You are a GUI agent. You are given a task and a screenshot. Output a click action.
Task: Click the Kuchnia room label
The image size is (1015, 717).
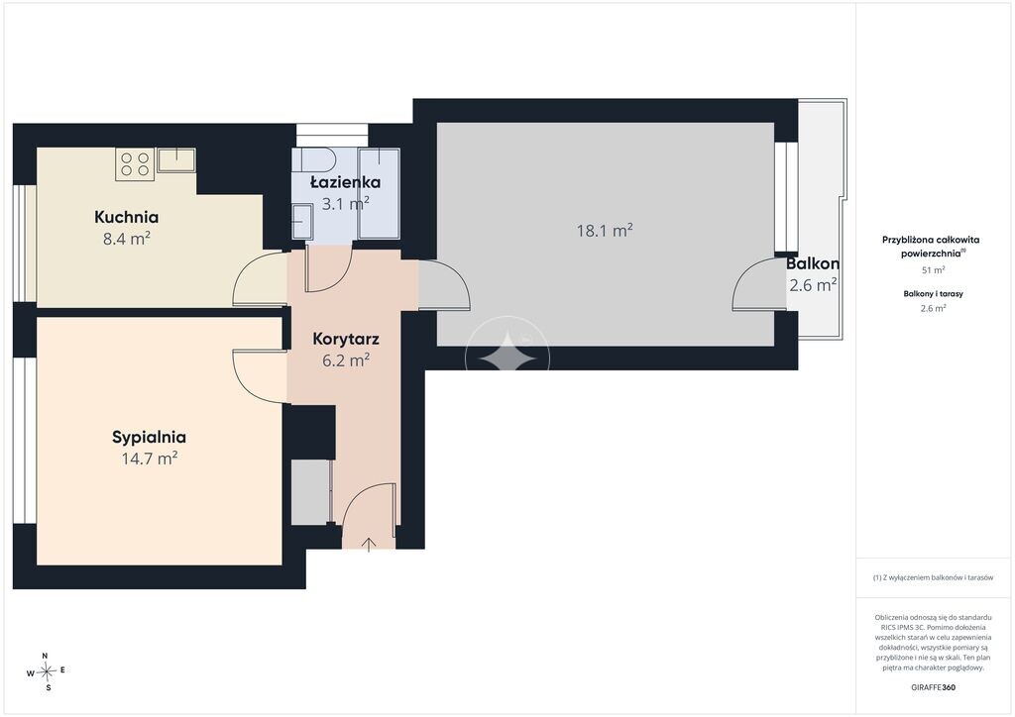[x=126, y=217]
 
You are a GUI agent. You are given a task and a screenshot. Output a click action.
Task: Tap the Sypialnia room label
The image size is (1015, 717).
[x=149, y=438]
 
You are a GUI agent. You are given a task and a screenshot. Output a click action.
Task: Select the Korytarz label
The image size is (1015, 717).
[x=346, y=339]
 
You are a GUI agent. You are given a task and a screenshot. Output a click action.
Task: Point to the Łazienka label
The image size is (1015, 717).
[x=345, y=181]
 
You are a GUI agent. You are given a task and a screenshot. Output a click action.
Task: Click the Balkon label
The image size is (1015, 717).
[x=813, y=263]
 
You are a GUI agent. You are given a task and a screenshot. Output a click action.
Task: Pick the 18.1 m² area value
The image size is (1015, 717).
[x=605, y=230]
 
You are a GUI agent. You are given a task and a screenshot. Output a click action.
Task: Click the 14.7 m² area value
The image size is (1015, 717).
[x=150, y=459]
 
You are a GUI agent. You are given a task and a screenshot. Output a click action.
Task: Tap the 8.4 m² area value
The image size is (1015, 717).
[x=127, y=239]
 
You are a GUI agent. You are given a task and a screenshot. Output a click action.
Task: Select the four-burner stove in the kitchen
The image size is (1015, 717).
[x=135, y=164]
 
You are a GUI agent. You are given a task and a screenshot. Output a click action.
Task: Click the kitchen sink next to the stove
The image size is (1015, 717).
[x=175, y=160]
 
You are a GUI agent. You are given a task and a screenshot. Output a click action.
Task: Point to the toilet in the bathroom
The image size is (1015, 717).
[x=312, y=159]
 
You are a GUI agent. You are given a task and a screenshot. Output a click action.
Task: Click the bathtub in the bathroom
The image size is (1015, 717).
[x=380, y=193]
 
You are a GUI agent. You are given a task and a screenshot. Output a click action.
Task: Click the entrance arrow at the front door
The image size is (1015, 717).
[x=369, y=545]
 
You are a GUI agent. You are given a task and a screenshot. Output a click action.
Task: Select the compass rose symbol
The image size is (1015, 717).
[x=46, y=672]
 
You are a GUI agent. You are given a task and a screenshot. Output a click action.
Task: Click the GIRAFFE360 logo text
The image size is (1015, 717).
[x=933, y=687]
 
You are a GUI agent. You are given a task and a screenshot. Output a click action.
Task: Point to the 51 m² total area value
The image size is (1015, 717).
[x=933, y=270]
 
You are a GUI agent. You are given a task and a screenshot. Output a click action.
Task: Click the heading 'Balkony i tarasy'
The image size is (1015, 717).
[x=933, y=293]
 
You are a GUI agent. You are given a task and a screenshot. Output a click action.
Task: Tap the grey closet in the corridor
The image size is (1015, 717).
[x=310, y=492]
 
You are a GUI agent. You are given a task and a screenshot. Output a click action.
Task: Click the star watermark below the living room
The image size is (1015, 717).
[x=507, y=358]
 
